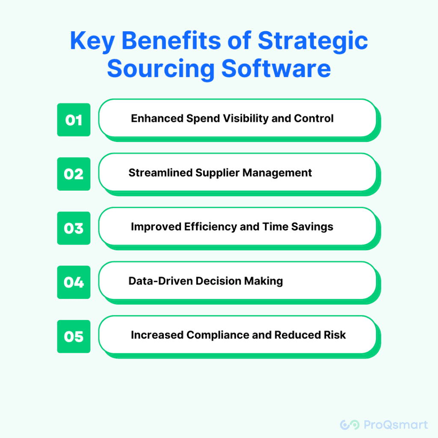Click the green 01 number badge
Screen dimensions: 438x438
coord(74,120)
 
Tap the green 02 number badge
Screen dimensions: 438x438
coord(74,174)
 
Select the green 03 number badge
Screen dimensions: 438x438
coord(74,228)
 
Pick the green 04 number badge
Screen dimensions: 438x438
coord(74,282)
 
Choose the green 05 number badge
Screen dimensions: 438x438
coord(74,337)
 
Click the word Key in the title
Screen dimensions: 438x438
coord(92,41)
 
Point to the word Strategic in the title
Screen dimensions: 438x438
coord(313,41)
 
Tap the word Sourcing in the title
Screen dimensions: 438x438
coord(161,69)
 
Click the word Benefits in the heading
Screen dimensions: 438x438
coord(171,41)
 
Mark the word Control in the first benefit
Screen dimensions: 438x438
coord(314,118)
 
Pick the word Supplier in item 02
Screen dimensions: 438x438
coord(217,173)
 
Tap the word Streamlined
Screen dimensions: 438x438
coord(161,173)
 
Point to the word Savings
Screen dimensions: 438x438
coord(312,227)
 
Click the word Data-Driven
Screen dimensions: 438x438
coord(160,281)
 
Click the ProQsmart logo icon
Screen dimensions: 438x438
coord(349,425)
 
